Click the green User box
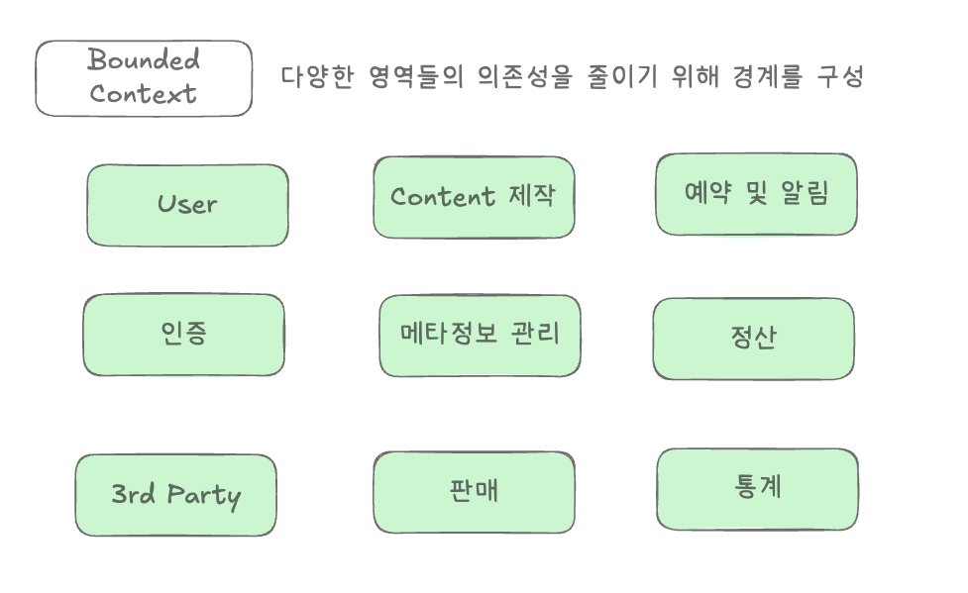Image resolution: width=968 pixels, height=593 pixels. pyautogui.click(x=187, y=205)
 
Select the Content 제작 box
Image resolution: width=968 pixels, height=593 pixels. pyautogui.click(x=474, y=197)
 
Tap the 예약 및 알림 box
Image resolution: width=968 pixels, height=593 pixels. pyautogui.click(x=756, y=194)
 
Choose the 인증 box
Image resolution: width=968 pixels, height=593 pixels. pyautogui.click(x=183, y=335)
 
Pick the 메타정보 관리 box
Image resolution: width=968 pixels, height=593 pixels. pyautogui.click(x=480, y=336)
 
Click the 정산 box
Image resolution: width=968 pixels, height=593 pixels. pyautogui.click(x=753, y=339)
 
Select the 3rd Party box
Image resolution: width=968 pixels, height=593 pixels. pyautogui.click(x=175, y=495)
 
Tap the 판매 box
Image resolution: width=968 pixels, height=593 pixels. pyautogui.click(x=474, y=492)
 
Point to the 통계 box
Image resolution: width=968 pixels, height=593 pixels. pyautogui.click(x=757, y=489)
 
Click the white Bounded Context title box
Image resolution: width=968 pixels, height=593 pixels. pyautogui.click(x=144, y=78)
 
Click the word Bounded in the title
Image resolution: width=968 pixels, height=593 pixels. pyautogui.click(x=144, y=60)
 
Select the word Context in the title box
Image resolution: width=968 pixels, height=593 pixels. pyautogui.click(x=144, y=95)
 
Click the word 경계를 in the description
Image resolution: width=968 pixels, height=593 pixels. pyautogui.click(x=767, y=77)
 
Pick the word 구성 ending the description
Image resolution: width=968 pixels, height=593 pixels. pyautogui.click(x=840, y=77)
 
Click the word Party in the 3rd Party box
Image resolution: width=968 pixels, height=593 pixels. pyautogui.click(x=203, y=495)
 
